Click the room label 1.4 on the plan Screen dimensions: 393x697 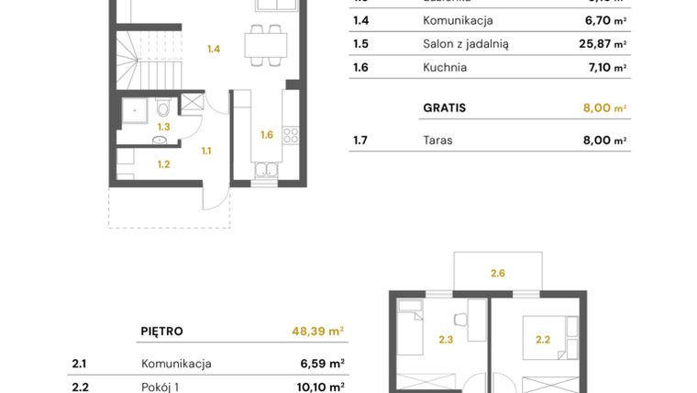pos(214,49)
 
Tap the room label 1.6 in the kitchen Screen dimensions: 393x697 pos(266,135)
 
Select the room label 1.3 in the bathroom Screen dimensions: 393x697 pos(163,127)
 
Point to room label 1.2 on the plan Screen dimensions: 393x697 pos(163,165)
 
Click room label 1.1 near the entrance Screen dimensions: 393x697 pos(207,151)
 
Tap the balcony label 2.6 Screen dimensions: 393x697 pos(498,272)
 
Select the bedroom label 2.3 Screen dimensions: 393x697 pos(446,340)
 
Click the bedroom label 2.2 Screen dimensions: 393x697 pos(543,340)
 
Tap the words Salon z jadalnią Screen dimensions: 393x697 pos(465,43)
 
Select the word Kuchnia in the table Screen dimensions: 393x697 pos(445,67)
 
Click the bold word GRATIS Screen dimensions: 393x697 pos(444,107)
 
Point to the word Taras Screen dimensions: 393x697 pos(437,140)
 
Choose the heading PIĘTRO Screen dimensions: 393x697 pos(161,331)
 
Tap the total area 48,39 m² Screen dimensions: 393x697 pos(312,331)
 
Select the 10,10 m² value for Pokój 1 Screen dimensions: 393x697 pos(322,387)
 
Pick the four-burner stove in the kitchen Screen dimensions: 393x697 pos(291,135)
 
